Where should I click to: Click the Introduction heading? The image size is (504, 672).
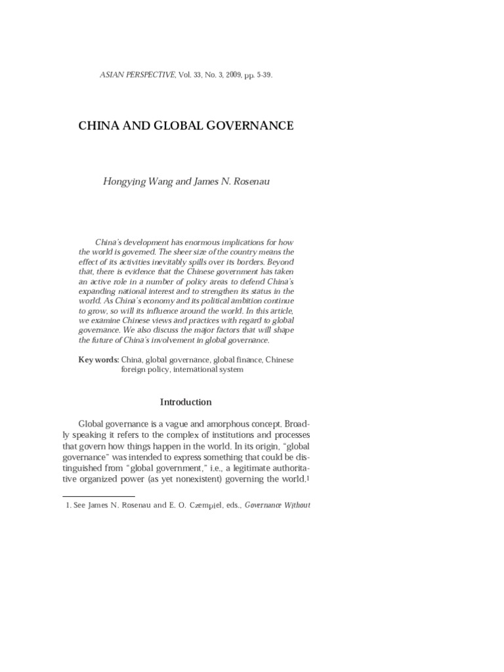186,402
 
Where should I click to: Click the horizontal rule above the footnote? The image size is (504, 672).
107,497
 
